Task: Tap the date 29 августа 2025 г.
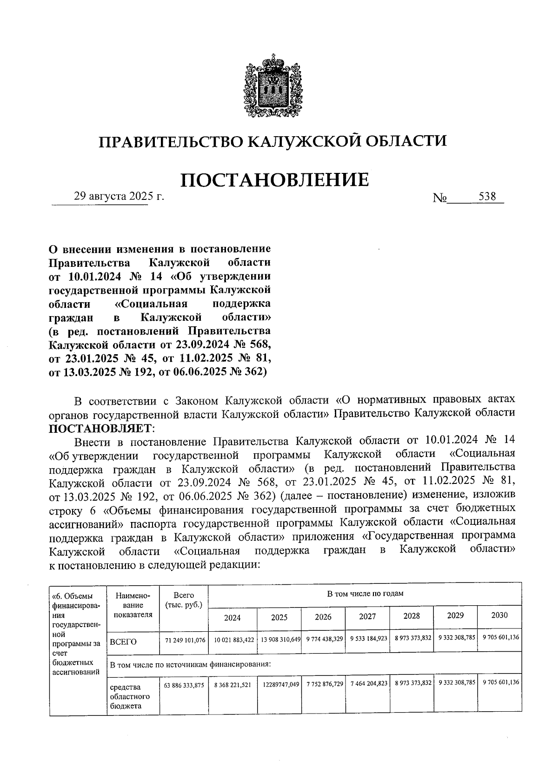click(x=120, y=197)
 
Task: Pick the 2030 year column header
click(x=499, y=615)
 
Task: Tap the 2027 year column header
click(x=367, y=616)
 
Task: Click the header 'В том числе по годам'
click(x=365, y=594)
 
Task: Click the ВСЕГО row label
click(x=123, y=642)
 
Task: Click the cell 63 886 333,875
click(x=185, y=685)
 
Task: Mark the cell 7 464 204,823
click(x=367, y=684)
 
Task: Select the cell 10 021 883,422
click(x=234, y=640)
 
